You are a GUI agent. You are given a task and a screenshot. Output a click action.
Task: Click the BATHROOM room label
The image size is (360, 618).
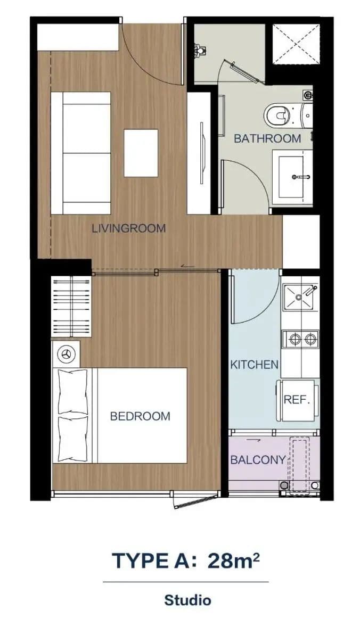(267, 138)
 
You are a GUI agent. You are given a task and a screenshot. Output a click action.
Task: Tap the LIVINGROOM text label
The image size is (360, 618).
(128, 228)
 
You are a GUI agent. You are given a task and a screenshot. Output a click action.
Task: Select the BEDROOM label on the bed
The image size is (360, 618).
(140, 416)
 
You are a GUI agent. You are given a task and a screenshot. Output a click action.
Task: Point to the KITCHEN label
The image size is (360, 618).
(255, 365)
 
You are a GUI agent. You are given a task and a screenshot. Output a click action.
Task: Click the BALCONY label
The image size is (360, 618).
(258, 460)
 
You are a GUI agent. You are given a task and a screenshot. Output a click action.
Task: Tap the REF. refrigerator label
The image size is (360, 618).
(297, 400)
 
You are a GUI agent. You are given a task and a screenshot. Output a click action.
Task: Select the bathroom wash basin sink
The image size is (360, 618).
(292, 177)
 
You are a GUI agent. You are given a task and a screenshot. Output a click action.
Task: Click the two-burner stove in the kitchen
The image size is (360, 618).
(300, 339)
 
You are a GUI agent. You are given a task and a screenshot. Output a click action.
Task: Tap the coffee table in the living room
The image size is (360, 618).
(141, 153)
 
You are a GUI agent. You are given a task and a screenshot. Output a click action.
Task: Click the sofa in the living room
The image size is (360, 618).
(81, 153)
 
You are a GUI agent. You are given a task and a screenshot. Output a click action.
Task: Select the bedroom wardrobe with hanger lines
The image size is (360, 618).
(71, 307)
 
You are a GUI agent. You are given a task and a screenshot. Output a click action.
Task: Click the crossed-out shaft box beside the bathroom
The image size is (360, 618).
(296, 43)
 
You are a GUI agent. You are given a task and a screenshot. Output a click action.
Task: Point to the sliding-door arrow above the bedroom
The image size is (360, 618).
(187, 267)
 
